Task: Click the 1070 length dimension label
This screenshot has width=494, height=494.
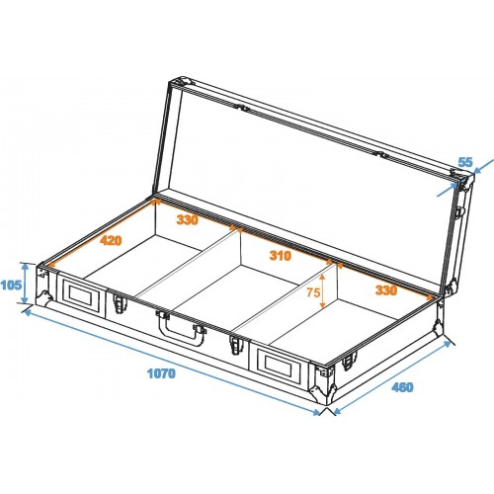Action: pyautogui.click(x=161, y=373)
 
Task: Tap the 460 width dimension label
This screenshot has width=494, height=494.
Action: pyautogui.click(x=402, y=387)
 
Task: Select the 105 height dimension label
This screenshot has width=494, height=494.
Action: pyautogui.click(x=11, y=286)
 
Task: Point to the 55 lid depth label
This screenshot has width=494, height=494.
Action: pyautogui.click(x=465, y=162)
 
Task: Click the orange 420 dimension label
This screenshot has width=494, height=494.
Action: pyautogui.click(x=111, y=240)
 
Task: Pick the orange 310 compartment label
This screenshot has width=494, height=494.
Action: pyautogui.click(x=281, y=255)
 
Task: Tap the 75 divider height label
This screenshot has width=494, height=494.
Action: pyautogui.click(x=313, y=292)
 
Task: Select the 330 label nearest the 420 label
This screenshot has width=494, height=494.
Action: pyautogui.click(x=188, y=219)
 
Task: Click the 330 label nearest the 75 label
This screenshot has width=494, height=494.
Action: pyautogui.click(x=386, y=290)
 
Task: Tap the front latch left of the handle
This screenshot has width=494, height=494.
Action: pyautogui.click(x=120, y=303)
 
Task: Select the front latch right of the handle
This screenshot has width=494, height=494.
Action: pyautogui.click(x=235, y=344)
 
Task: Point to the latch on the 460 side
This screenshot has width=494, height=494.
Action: pyautogui.click(x=349, y=361)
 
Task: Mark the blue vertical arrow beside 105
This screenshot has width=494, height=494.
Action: pyautogui.click(x=25, y=284)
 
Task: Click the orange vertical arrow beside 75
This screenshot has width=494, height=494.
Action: pyautogui.click(x=322, y=292)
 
